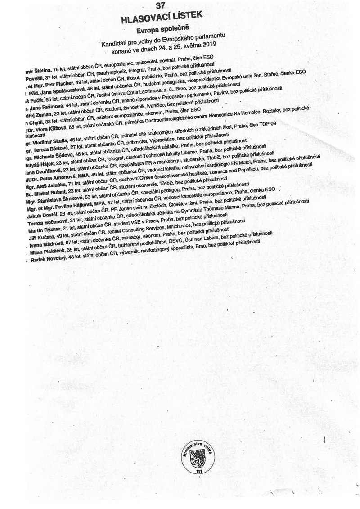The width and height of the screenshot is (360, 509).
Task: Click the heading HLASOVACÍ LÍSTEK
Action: [163, 18]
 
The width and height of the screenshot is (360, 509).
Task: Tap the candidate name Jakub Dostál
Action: [43, 217]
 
